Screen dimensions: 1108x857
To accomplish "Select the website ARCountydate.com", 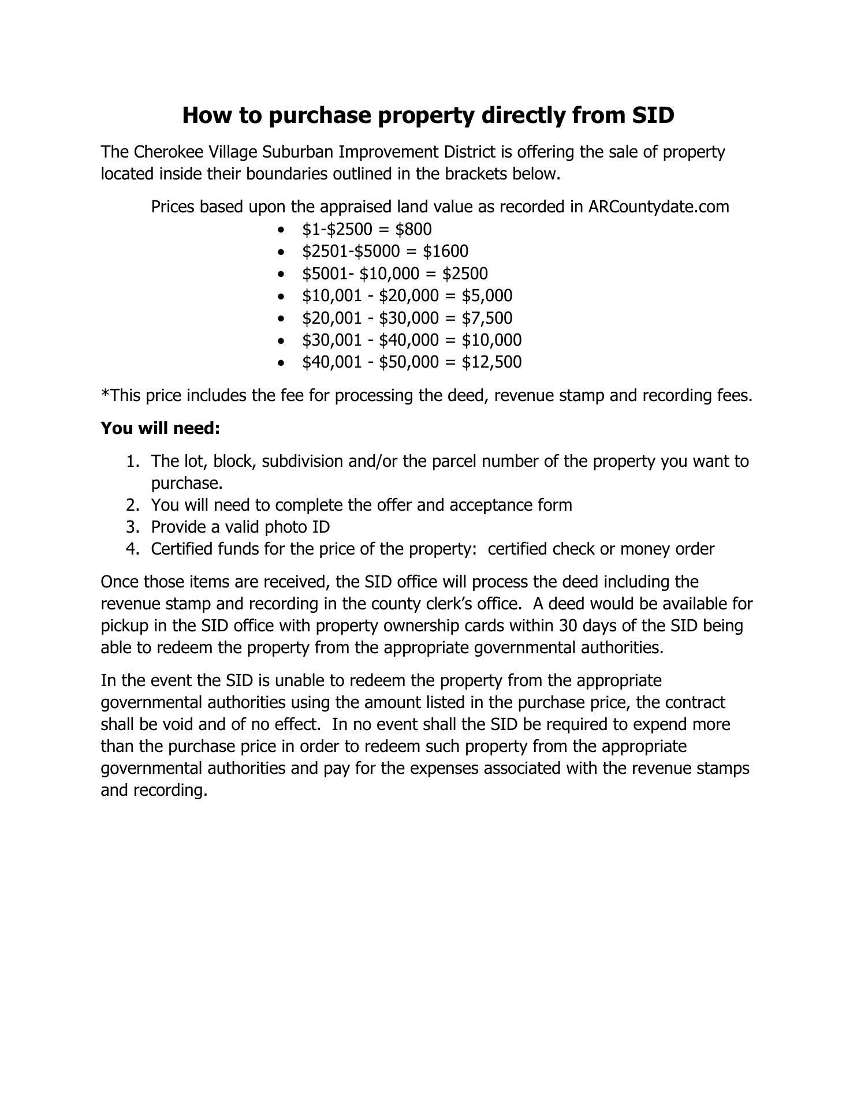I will tap(658, 207).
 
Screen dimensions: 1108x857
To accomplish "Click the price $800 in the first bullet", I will tap(413, 229).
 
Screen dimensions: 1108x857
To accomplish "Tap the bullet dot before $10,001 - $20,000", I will tap(281, 297).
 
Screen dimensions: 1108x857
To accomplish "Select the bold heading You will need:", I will tap(161, 428).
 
